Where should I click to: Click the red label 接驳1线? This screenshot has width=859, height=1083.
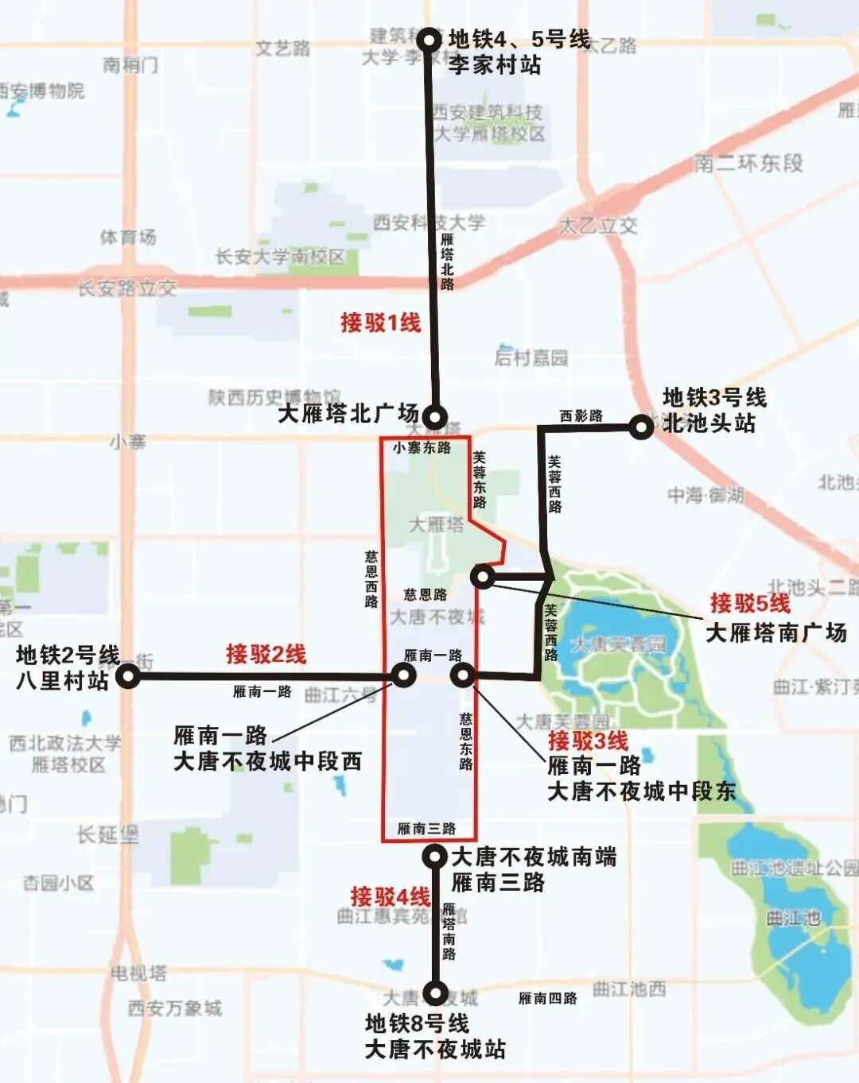[380, 323]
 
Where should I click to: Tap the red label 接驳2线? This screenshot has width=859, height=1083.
[266, 654]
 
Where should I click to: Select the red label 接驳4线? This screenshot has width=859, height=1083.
[390, 896]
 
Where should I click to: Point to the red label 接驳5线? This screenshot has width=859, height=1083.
[750, 603]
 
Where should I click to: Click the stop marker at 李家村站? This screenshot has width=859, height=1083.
[429, 40]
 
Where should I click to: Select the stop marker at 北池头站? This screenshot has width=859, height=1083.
[641, 427]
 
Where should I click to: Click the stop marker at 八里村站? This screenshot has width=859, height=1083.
[128, 677]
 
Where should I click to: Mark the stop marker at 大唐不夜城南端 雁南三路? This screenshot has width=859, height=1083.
[435, 856]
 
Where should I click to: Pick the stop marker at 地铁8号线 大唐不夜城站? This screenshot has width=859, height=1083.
[435, 992]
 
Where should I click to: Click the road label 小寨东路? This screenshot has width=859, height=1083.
[422, 448]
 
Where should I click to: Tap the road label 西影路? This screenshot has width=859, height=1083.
[581, 416]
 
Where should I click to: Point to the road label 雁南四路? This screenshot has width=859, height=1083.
[547, 998]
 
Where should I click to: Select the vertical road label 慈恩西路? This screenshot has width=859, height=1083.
[371, 579]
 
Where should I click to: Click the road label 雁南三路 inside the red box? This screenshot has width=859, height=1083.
[426, 829]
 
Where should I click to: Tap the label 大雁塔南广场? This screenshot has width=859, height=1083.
[776, 632]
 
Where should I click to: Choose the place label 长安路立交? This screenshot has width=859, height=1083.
[127, 288]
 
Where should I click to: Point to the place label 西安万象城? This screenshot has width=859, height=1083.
[175, 1008]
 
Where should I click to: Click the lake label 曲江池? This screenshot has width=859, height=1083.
[793, 918]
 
